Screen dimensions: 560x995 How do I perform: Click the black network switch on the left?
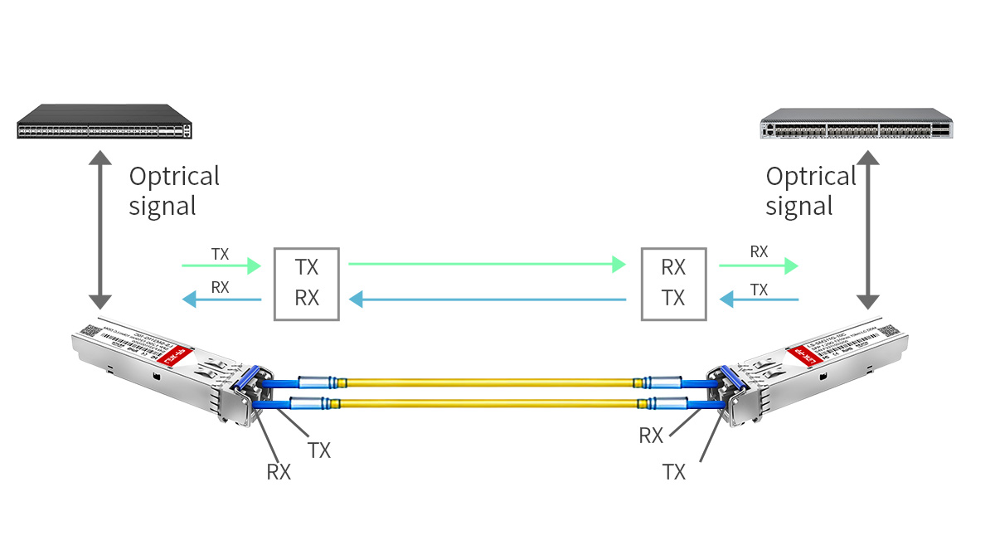pos(104,121)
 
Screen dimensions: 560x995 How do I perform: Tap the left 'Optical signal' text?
pos(174,191)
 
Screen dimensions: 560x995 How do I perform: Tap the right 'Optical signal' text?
pos(810,191)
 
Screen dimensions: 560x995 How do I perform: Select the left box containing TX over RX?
pos(307,283)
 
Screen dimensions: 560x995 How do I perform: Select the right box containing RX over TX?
pos(673,283)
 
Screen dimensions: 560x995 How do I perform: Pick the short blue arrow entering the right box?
pos(759,299)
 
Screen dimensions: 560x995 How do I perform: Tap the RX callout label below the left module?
pos(279,472)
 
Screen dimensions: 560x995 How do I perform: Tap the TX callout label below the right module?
pos(674,472)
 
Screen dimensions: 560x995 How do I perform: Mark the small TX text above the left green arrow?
pos(220,254)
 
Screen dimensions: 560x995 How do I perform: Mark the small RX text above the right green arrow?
pos(759,251)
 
